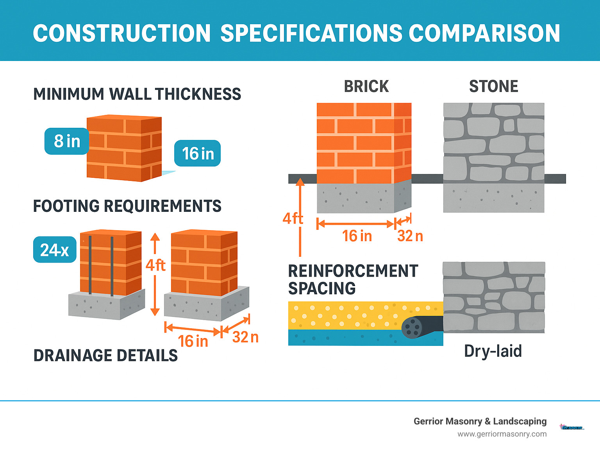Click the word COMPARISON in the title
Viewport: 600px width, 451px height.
click(484, 33)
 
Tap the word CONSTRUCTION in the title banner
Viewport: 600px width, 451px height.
click(122, 33)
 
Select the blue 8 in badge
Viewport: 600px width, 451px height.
click(67, 141)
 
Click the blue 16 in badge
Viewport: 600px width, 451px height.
click(198, 153)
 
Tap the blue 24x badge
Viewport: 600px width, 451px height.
click(55, 250)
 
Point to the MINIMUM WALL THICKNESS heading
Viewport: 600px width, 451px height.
click(137, 94)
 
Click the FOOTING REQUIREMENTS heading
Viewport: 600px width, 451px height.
click(127, 206)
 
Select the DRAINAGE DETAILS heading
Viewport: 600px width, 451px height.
click(105, 356)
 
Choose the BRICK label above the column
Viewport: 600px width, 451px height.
click(366, 86)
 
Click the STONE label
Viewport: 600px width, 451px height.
click(493, 86)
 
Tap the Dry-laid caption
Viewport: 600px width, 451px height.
click(493, 351)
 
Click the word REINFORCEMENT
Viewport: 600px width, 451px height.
click(353, 271)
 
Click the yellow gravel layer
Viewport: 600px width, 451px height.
click(344, 315)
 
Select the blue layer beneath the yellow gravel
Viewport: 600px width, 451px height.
click(344, 338)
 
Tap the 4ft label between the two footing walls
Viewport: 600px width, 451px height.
click(155, 265)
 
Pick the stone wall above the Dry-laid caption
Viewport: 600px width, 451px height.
click(494, 297)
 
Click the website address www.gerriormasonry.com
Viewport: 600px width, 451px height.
click(502, 434)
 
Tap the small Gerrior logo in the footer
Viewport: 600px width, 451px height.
click(572, 428)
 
